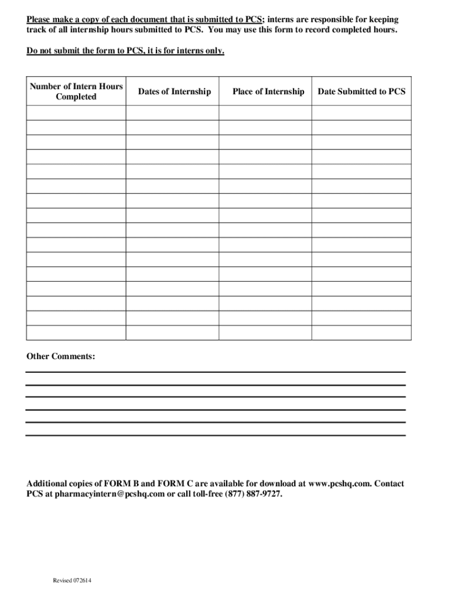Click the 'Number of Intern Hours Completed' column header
coord(76,91)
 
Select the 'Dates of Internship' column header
coord(174,91)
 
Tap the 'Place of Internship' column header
coord(268,91)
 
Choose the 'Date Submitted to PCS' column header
coord(361,91)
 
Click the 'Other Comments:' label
coord(61,356)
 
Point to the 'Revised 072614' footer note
coord(72,581)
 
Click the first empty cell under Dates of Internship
coord(172,112)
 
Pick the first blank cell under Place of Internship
coord(265,112)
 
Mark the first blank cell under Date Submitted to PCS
coord(361,112)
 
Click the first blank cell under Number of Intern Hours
coord(76,112)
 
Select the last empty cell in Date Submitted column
coord(361,333)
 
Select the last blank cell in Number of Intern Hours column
coord(76,333)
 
